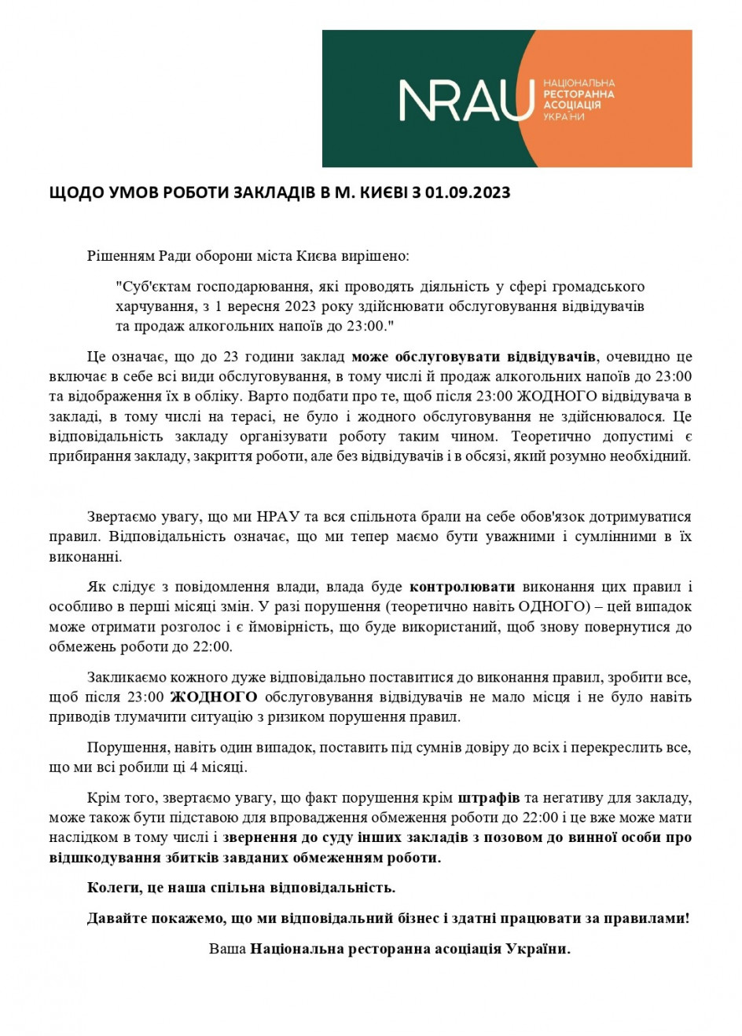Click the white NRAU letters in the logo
coord(466,101)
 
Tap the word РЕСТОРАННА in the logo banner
coord(579,94)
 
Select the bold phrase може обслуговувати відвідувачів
coord(475,357)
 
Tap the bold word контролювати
coord(463,587)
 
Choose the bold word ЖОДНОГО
coord(214,697)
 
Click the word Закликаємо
coord(126,677)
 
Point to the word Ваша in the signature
coord(227,949)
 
